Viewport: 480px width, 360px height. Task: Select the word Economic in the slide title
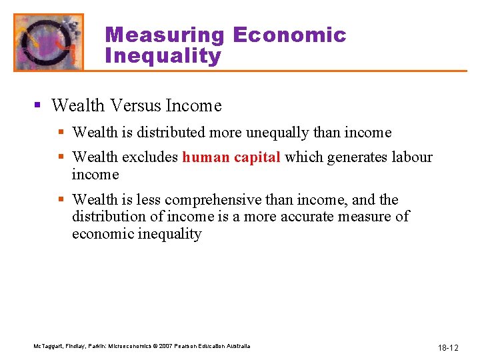tap(289, 35)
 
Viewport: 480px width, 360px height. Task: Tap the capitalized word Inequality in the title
tap(163, 56)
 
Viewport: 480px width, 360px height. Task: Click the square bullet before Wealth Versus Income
tap(39, 106)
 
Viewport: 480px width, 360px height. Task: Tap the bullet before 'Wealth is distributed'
tap(62, 133)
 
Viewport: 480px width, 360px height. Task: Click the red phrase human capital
tap(231, 157)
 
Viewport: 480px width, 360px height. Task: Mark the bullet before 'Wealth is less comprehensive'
tap(62, 200)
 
